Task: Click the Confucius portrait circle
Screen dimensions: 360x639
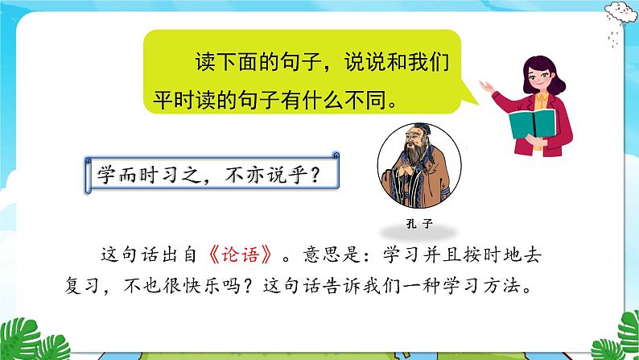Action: (412, 168)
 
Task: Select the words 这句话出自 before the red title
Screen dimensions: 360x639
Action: (145, 253)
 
